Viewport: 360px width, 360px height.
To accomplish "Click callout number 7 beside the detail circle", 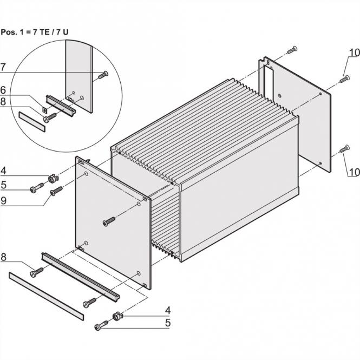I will coord(4,67).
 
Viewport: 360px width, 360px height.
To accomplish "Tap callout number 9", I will coord(4,201).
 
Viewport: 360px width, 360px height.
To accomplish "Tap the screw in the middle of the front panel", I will coord(109,221).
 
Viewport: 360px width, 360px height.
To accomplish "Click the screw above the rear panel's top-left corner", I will coord(292,50).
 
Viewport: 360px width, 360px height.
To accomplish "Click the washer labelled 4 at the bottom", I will coord(115,315).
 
